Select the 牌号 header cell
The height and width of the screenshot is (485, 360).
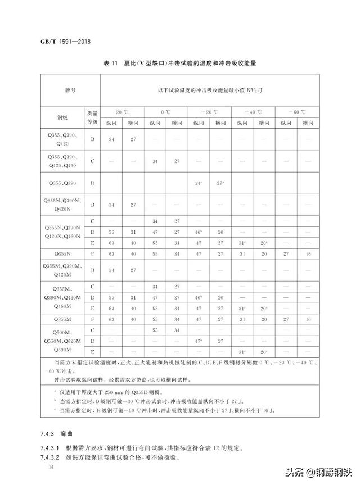click(x=70, y=90)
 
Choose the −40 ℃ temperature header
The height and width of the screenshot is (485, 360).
click(x=253, y=112)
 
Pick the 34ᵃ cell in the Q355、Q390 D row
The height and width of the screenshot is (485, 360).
click(x=198, y=183)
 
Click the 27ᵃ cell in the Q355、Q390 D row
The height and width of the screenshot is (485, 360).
click(x=220, y=183)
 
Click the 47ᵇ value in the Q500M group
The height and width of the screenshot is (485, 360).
click(x=198, y=341)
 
